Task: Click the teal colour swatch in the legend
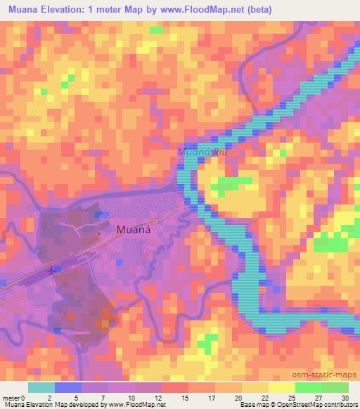point(41,387)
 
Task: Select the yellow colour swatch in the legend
point(282,387)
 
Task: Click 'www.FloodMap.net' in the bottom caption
point(135,405)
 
